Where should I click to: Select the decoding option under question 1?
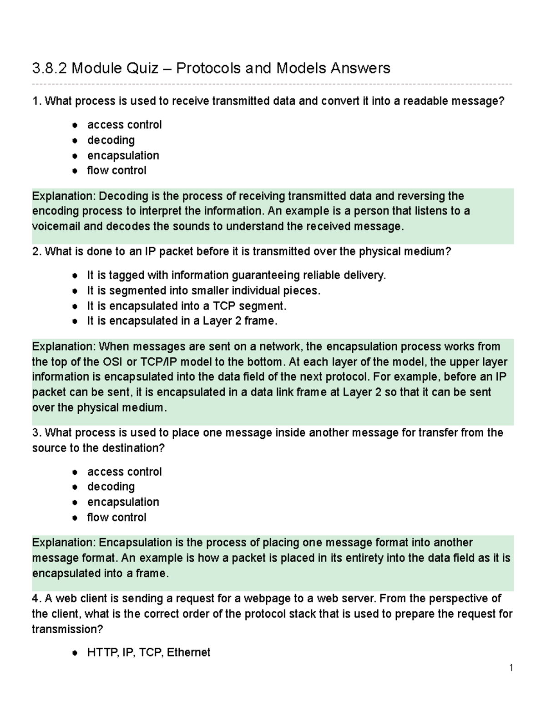click(111, 140)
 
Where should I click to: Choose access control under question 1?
click(124, 125)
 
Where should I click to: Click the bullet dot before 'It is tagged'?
click(75, 276)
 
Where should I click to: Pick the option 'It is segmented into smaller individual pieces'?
click(203, 290)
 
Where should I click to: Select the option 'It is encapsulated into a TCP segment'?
click(187, 305)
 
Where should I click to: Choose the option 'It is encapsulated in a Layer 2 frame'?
click(182, 321)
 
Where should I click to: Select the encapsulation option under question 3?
click(123, 502)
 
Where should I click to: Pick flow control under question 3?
click(116, 517)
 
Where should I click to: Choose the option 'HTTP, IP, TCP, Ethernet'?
click(148, 653)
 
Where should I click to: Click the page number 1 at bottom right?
click(511, 668)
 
